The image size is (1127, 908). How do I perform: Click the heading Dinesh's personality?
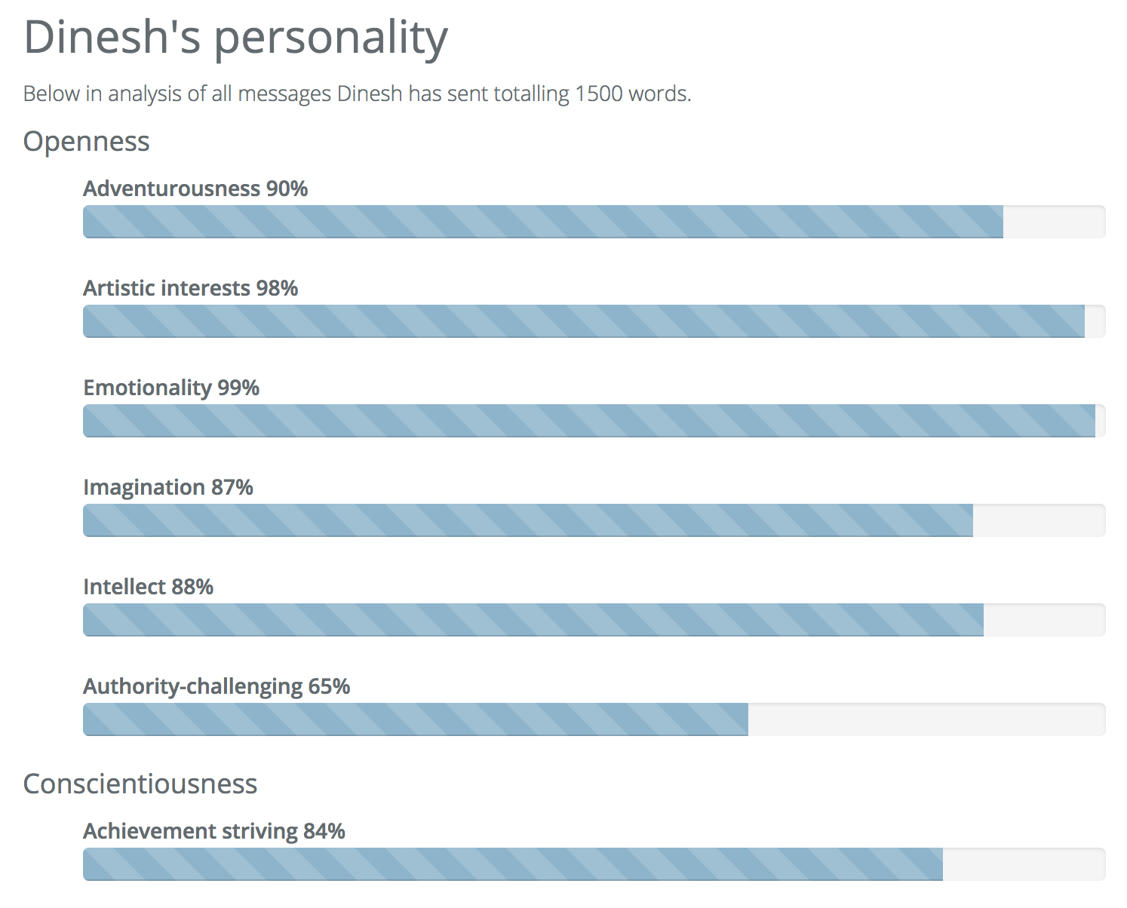tap(235, 38)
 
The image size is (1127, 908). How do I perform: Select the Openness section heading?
tap(87, 142)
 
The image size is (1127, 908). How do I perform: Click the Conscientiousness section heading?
tap(140, 784)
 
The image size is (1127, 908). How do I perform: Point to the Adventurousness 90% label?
tap(195, 189)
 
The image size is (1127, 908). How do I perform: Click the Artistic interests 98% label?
tap(191, 288)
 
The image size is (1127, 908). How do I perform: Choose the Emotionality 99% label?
tap(171, 388)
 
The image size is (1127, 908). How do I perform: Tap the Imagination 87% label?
tap(168, 487)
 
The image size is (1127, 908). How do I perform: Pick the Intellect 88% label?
tap(149, 587)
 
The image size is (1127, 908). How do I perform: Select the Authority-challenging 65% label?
tap(216, 686)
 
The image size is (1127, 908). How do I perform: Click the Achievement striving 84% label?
tap(214, 831)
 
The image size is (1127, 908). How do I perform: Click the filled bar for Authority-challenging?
tap(415, 719)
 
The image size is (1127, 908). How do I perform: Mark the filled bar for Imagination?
tap(528, 520)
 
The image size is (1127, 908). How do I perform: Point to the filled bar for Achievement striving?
tap(513, 864)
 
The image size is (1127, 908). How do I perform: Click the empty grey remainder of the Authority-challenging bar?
tap(926, 719)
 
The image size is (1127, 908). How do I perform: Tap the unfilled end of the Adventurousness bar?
tap(1054, 222)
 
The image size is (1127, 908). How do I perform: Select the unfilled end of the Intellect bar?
tap(1044, 620)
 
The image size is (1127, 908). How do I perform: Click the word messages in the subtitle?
tap(284, 94)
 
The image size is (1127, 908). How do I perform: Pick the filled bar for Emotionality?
tap(588, 421)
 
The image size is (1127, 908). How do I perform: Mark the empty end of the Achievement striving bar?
tap(1024, 864)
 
